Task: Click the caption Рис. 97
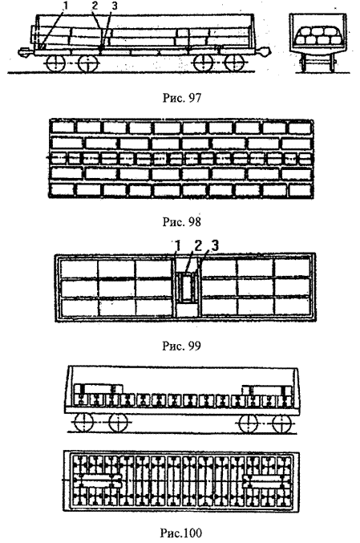(x=181, y=98)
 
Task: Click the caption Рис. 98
(x=181, y=221)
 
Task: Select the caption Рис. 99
(x=181, y=346)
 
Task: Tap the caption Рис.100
(x=181, y=533)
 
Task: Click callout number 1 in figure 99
(x=178, y=246)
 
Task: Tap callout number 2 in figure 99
(x=198, y=246)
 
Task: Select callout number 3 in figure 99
(x=215, y=246)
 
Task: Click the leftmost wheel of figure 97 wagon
(x=55, y=63)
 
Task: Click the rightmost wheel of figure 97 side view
(x=235, y=63)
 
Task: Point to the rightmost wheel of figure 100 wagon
(x=281, y=423)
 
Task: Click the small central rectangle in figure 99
(x=187, y=287)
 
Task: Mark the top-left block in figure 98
(x=63, y=127)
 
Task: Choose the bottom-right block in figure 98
(x=301, y=190)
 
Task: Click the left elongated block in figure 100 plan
(x=96, y=481)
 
